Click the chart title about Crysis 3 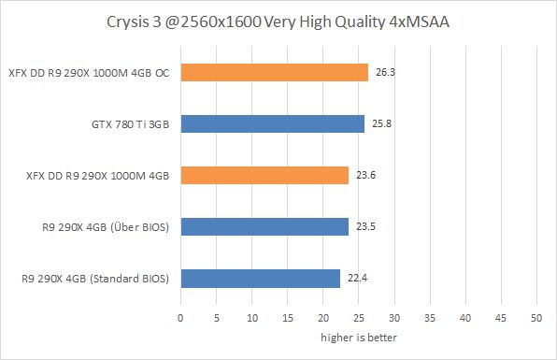(x=278, y=20)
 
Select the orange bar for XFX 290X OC (x=274, y=72)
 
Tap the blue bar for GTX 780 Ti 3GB (x=272, y=123)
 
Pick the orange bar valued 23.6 (x=264, y=175)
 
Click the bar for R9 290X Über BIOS (x=264, y=226)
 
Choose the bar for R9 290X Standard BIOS (x=260, y=278)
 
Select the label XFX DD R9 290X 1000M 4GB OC (x=90, y=72)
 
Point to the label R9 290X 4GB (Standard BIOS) (x=95, y=278)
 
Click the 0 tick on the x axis (x=180, y=317)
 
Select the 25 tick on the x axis (x=358, y=317)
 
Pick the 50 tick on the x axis (x=536, y=317)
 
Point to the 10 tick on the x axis (x=251, y=317)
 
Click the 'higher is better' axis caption (x=358, y=337)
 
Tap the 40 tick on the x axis (x=464, y=317)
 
